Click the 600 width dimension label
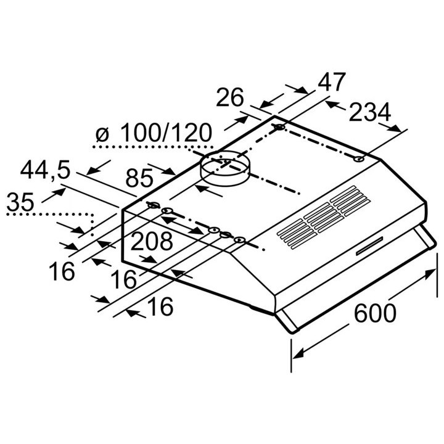pos(375,313)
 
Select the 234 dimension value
pos(370,112)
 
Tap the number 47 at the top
pos(332,82)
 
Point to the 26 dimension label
pos(230,97)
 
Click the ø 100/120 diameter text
pos(154,133)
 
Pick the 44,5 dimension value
pos(45,170)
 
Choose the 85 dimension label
pos(139,178)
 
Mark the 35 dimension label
pos(20,202)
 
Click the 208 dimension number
pos(152,241)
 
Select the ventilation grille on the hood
pos(324,218)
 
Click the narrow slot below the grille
pos(369,245)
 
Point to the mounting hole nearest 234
pos(359,159)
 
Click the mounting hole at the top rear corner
pos(279,127)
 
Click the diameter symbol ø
pos(102,134)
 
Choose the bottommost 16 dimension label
pos(160,306)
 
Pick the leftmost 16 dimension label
pos(62,271)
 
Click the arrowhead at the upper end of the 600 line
pos(430,273)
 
